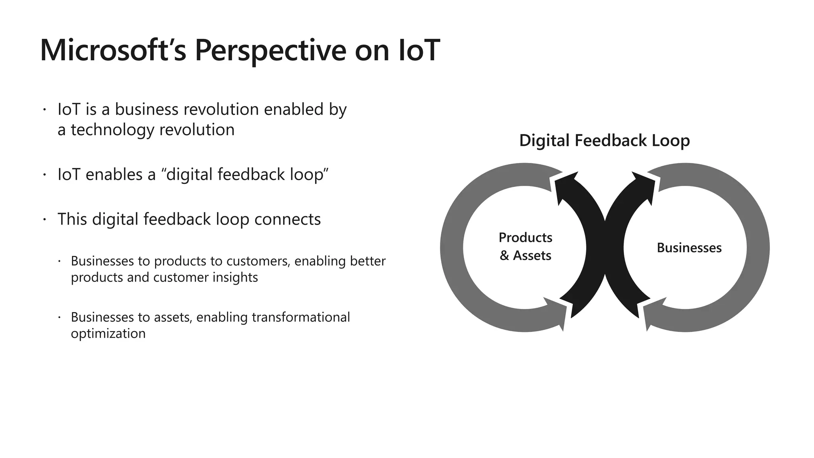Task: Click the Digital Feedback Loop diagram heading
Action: (x=604, y=141)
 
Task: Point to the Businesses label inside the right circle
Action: (x=689, y=248)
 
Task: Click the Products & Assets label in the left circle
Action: (x=525, y=246)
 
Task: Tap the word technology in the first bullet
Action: (x=112, y=130)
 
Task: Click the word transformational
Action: (x=300, y=317)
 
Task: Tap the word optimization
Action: (x=108, y=334)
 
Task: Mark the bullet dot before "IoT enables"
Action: (x=45, y=175)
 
